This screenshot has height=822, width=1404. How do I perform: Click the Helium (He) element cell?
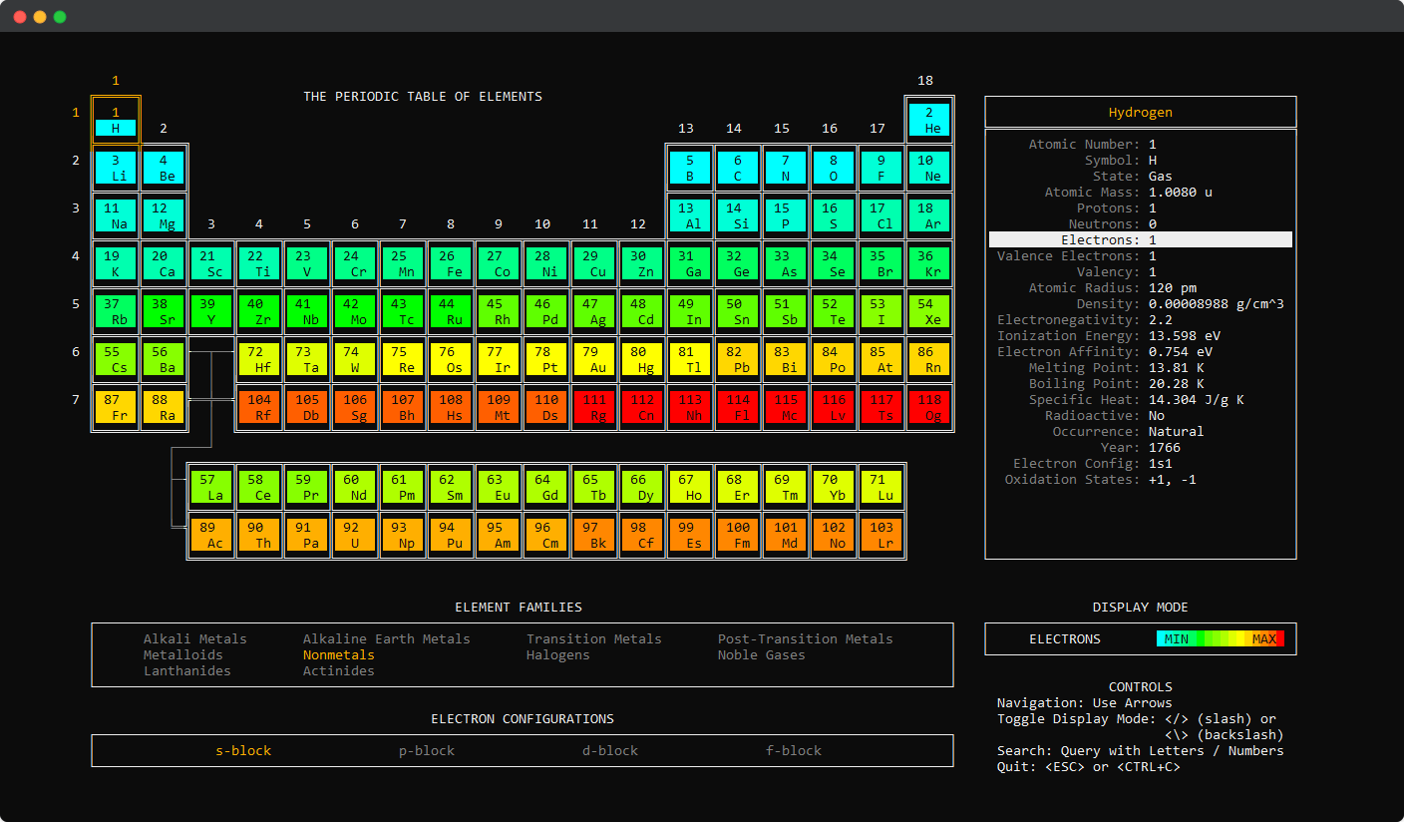click(x=928, y=120)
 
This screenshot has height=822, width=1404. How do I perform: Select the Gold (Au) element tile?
click(x=593, y=359)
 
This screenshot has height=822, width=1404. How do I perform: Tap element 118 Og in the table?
click(x=928, y=407)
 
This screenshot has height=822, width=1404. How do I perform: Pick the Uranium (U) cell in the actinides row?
click(x=354, y=535)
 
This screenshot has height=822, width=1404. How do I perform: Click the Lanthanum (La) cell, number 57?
click(x=210, y=487)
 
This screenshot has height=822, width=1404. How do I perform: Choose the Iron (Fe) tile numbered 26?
click(x=450, y=263)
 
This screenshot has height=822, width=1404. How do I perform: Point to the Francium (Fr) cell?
click(x=115, y=407)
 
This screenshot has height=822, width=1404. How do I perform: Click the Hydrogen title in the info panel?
click(x=1140, y=112)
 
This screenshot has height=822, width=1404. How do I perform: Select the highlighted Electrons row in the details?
click(x=1140, y=239)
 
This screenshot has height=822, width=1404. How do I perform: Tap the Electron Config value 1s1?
click(x=1160, y=463)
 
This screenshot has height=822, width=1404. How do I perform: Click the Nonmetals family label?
click(x=339, y=654)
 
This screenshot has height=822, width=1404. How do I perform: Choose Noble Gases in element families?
click(x=762, y=654)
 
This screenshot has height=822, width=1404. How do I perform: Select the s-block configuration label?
click(x=243, y=750)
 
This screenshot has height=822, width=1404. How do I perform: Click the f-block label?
click(x=794, y=750)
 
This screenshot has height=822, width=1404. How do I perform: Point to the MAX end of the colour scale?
click(x=1264, y=638)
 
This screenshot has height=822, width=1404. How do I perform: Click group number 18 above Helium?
click(x=925, y=81)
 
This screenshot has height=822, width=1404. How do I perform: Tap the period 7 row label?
click(x=75, y=399)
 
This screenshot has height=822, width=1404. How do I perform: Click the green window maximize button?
click(x=60, y=17)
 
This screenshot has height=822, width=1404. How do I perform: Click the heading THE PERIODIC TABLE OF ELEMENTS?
click(x=423, y=97)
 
